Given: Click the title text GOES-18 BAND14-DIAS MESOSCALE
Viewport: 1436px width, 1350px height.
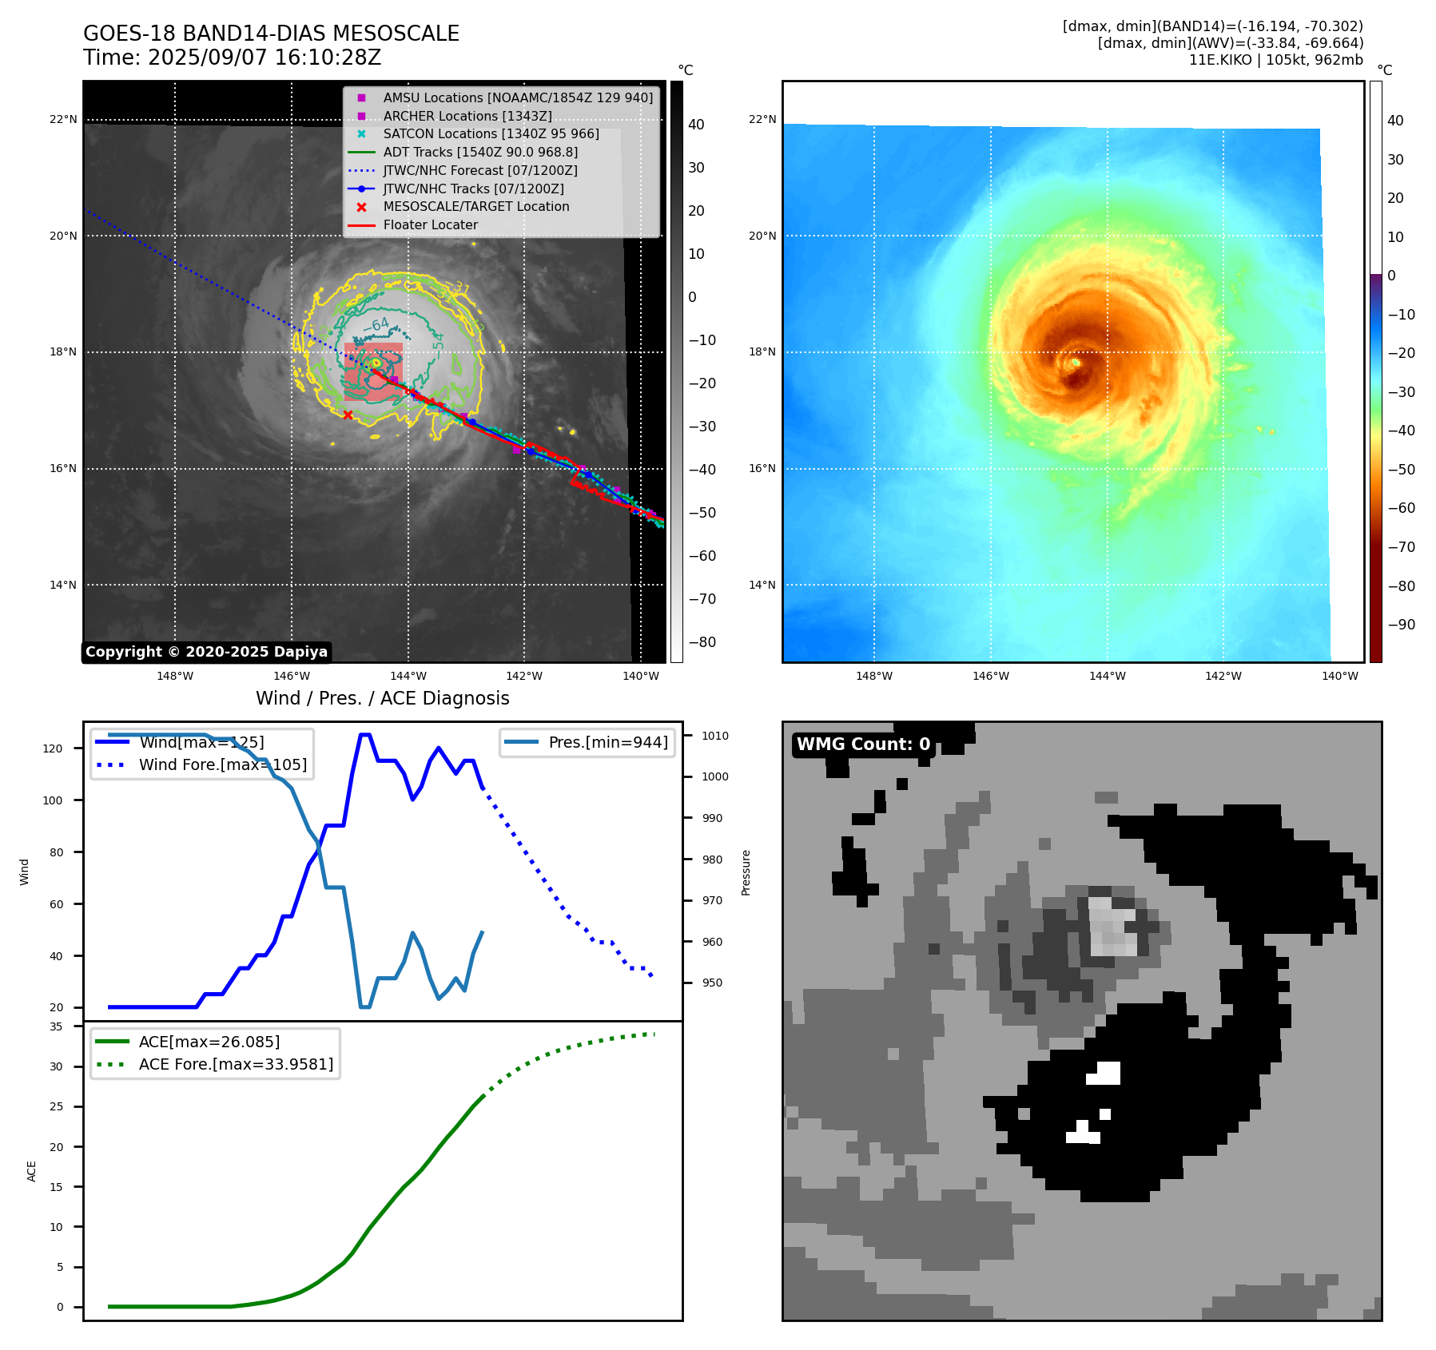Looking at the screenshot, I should coord(271,34).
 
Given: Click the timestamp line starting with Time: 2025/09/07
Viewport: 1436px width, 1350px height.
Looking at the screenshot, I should coord(232,58).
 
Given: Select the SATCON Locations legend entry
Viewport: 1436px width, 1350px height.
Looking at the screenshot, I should coord(491,133).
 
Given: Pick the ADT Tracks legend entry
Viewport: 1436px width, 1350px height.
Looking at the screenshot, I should coord(480,152).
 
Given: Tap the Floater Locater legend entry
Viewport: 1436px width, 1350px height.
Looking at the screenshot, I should coord(430,224).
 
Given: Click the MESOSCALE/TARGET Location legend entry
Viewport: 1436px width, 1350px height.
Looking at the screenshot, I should coord(475,206).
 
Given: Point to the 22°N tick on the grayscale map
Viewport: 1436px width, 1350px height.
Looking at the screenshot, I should coord(64,119).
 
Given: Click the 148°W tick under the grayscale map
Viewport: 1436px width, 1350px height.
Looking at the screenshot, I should coord(174,676).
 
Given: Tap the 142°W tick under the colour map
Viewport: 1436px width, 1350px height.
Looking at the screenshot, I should coord(1223,676).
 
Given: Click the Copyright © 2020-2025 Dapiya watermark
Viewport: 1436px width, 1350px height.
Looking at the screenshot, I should coord(206,652).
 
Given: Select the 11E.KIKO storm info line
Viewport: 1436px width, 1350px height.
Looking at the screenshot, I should coord(1275,60).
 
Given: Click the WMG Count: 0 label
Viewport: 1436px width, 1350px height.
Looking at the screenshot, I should coord(863,744).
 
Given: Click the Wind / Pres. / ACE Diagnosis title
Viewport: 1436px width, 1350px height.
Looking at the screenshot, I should coord(382,698).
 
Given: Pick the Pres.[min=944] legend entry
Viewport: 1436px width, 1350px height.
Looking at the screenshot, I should coord(607,742).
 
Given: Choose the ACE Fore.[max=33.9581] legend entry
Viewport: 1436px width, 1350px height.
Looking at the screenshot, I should coord(236,1064).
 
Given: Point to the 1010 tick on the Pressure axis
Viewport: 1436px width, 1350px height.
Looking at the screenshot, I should coord(715,736).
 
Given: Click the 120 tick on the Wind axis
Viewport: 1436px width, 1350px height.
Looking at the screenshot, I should coord(52,748).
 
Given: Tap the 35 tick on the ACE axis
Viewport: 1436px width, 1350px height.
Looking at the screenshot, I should coord(56,1026).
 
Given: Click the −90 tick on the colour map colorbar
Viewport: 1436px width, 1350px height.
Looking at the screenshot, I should coord(1401,625).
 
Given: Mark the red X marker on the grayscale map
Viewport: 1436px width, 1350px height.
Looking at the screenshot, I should coord(348,415).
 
